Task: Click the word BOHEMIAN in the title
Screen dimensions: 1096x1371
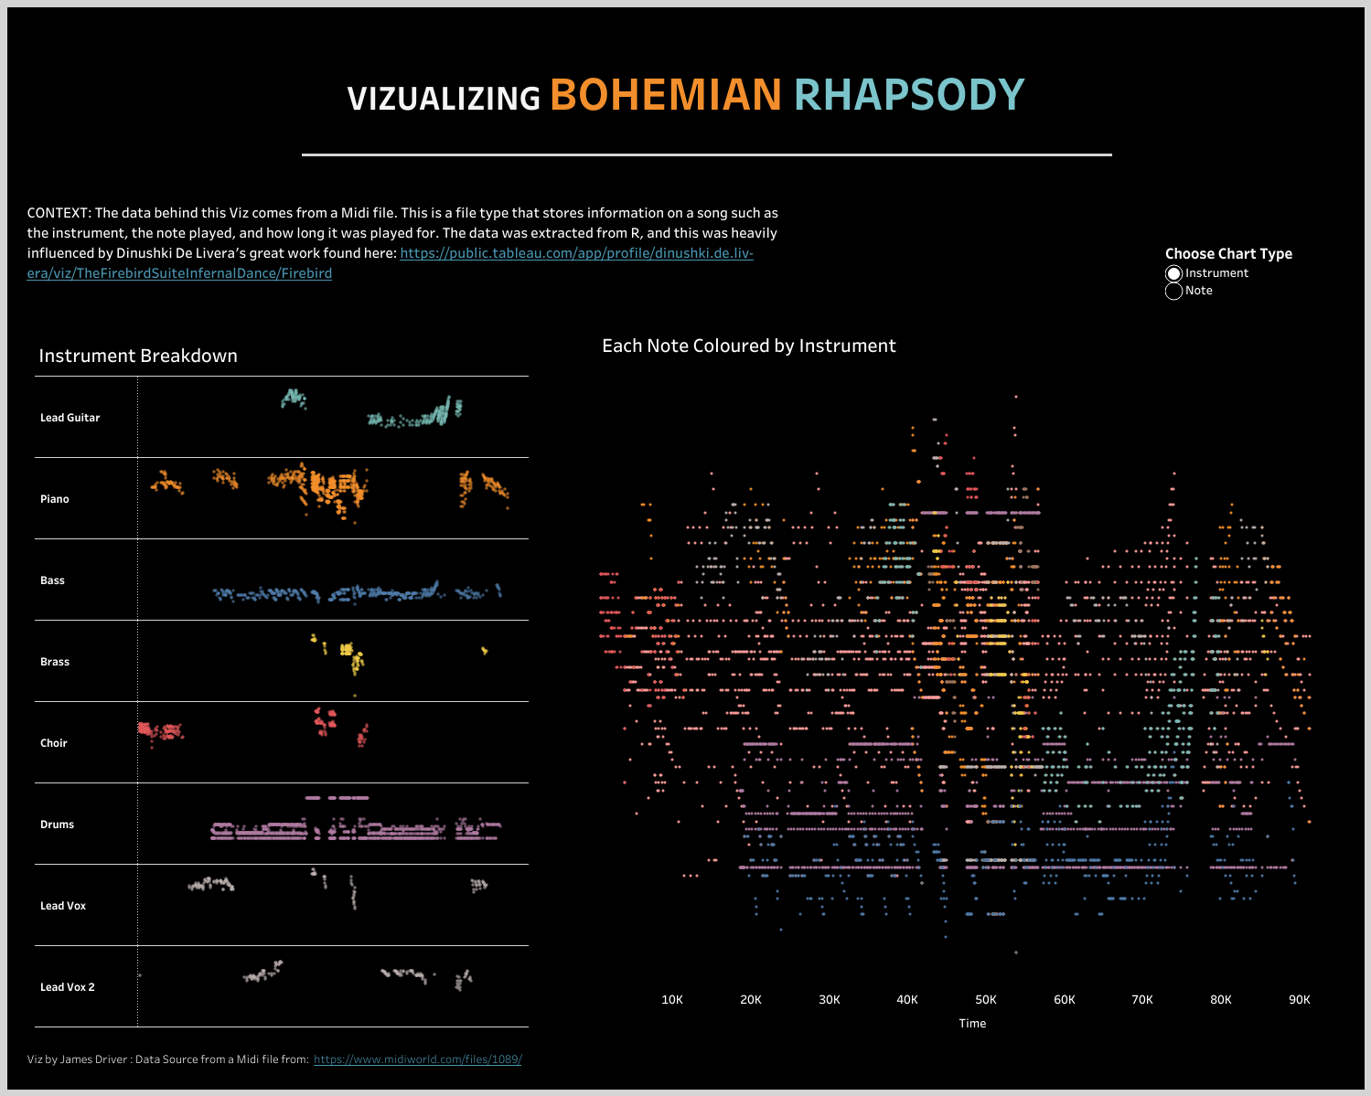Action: pos(665,95)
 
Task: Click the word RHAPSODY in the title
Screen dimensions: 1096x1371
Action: pos(909,95)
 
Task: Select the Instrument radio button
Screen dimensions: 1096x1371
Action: pos(1174,273)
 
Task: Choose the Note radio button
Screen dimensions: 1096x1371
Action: pos(1174,291)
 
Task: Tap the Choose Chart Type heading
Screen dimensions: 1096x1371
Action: pos(1228,254)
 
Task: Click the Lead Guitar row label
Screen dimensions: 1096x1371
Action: pos(70,418)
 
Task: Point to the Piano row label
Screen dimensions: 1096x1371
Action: pos(55,499)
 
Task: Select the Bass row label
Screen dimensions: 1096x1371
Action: pos(52,580)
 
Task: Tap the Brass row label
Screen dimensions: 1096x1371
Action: pos(55,662)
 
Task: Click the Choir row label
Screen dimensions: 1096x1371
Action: pos(54,743)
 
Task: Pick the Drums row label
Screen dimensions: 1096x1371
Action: pos(57,825)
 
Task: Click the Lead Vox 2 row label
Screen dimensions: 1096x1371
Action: pos(67,987)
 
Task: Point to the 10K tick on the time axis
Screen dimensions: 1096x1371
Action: pos(672,1000)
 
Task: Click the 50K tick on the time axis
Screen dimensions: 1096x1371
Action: pos(986,1000)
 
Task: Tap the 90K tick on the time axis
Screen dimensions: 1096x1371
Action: pos(1300,1000)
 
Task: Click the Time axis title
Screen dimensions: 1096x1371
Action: pos(972,1024)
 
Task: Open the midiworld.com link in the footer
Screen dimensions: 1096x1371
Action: pos(417,1059)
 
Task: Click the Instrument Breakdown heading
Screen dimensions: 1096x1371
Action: pos(138,356)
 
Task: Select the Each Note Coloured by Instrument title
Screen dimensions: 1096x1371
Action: pos(748,346)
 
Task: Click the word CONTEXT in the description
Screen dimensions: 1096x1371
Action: pos(59,213)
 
